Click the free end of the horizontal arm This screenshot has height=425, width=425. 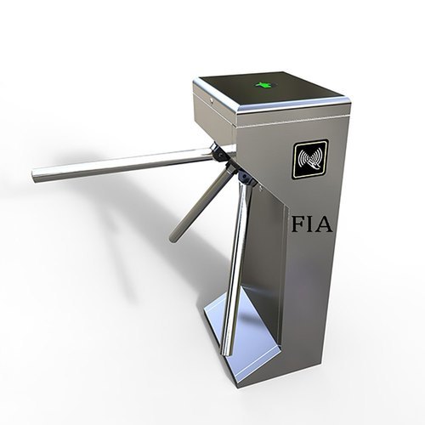(36, 175)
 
